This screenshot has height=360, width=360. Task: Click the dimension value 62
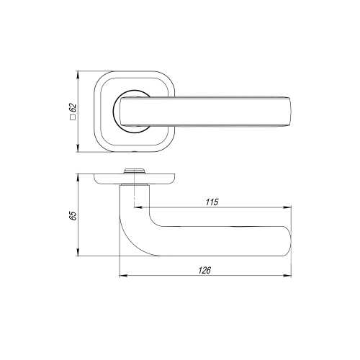coord(73,108)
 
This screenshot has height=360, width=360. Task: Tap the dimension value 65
coord(73,215)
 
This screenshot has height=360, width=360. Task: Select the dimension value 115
coord(212,202)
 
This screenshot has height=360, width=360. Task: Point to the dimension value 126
coord(204,270)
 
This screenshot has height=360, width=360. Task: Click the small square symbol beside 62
coord(73,117)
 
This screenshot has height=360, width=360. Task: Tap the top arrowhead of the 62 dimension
coord(77,75)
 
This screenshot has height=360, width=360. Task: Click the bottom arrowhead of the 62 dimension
coord(77,148)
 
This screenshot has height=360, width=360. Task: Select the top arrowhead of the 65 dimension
coord(77,178)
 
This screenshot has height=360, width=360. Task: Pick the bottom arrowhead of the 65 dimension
coord(77,252)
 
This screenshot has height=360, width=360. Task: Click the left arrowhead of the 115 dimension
coord(138,207)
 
